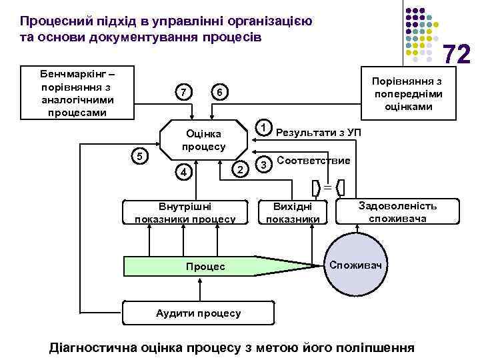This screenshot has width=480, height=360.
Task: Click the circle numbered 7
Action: (182, 91)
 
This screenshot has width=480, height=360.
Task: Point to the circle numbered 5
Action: (139, 156)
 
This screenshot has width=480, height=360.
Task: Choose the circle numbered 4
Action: (182, 172)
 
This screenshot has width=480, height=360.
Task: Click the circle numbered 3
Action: (264, 163)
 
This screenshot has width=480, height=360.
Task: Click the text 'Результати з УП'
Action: (318, 132)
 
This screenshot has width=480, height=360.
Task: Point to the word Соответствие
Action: (313, 161)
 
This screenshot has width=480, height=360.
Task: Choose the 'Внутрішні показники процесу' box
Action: (185, 212)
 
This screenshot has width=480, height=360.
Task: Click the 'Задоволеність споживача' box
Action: (397, 211)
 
